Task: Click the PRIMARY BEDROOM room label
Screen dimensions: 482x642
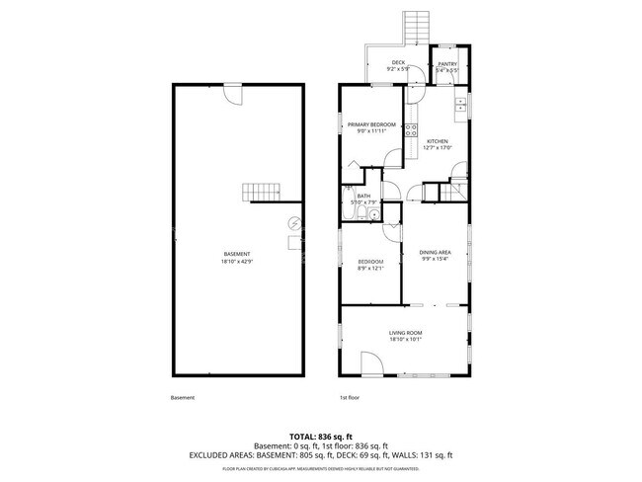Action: [x=371, y=124]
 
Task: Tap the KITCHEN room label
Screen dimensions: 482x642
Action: [x=438, y=141]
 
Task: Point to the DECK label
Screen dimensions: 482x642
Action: [x=384, y=63]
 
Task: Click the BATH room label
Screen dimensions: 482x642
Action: [x=363, y=197]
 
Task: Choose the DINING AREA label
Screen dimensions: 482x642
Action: [x=435, y=253]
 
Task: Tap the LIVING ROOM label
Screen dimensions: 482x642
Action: [x=405, y=334]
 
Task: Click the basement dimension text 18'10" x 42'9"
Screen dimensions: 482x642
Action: [x=236, y=260]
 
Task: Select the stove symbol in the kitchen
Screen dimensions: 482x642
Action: [x=410, y=129]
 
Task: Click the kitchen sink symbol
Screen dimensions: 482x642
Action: [x=460, y=104]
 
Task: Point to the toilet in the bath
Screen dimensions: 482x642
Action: [x=349, y=210]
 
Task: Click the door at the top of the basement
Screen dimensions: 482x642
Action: [x=233, y=92]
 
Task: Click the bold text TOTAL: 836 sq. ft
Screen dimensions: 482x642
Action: [x=320, y=436]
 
